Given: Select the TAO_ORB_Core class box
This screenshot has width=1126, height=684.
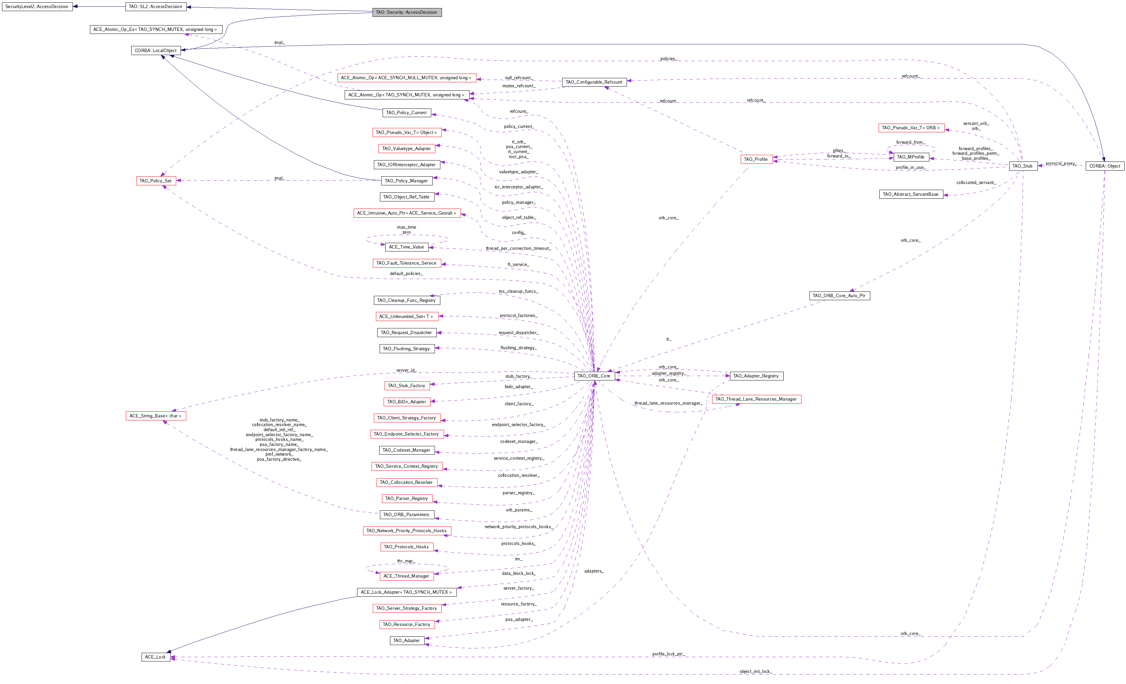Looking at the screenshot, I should coord(594,376).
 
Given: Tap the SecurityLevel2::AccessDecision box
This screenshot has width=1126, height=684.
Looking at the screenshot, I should coord(37,7).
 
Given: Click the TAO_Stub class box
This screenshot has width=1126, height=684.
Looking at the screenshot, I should coord(1023,166).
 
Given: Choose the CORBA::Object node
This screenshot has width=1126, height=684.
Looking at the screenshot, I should coord(1105,166).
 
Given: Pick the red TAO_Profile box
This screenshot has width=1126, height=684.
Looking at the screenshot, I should coord(756,159).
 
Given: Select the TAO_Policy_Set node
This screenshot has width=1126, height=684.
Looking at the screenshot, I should coord(156,181).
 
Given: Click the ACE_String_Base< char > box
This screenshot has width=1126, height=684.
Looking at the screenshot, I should coord(156,416).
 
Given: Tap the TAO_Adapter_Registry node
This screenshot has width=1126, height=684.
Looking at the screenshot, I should coord(756,376).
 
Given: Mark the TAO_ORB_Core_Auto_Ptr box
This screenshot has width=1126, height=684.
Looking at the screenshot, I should coord(839,296).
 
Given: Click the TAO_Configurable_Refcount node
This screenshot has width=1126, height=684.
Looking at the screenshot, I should coord(594,82).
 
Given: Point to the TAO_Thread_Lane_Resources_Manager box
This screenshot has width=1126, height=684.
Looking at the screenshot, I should coord(756,399).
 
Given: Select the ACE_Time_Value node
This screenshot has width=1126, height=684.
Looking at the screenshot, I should coord(406,247).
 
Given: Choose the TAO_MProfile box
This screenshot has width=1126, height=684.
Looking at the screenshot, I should coord(911,157).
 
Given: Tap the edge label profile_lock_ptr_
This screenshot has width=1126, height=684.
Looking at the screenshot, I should coord(668,654).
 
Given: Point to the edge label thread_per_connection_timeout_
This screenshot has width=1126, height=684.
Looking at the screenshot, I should coord(518,248).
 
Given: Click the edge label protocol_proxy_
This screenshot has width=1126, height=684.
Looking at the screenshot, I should coord(1061,163).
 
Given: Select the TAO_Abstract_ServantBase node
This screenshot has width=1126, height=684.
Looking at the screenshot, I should coord(911,194).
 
